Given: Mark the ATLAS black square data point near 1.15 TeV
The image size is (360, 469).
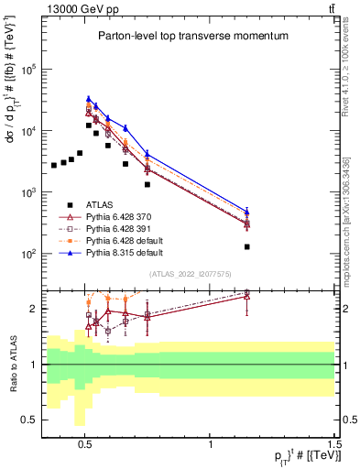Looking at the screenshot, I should click(246, 246).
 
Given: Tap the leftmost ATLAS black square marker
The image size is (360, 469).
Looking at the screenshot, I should click(54, 166).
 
